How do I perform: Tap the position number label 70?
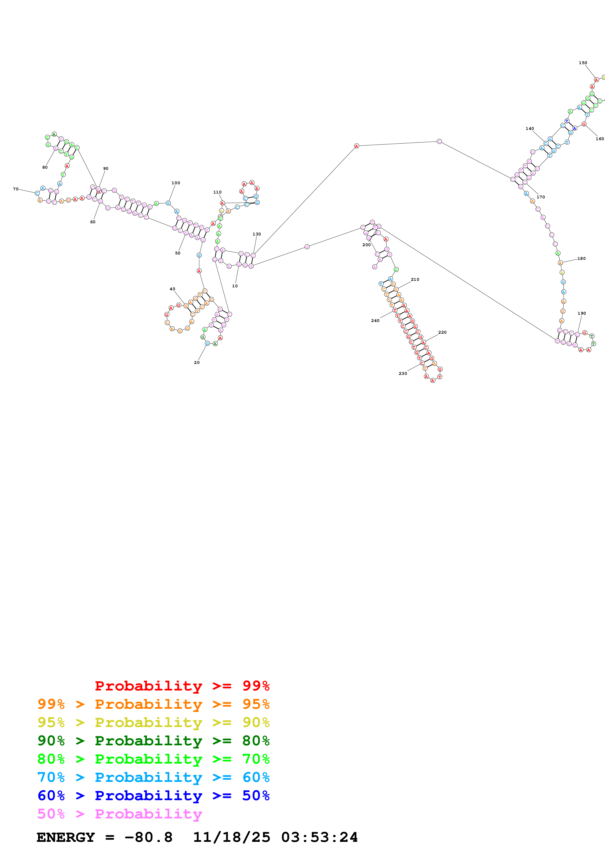pyautogui.click(x=16, y=189)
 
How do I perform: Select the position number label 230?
pyautogui.click(x=403, y=373)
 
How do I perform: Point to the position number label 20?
pyautogui.click(x=197, y=362)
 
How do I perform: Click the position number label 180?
pyautogui.click(x=582, y=258)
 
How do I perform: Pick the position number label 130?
pyautogui.click(x=256, y=234)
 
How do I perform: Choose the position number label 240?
pyautogui.click(x=375, y=321)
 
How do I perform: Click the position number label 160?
pyautogui.click(x=599, y=139)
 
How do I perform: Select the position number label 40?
pyautogui.click(x=172, y=289)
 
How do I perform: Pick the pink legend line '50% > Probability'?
pyautogui.click(x=120, y=814)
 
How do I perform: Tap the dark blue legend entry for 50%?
pyautogui.click(x=153, y=796)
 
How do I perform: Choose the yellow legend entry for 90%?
pyautogui.click(x=153, y=722)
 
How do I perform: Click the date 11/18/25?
pyautogui.click(x=231, y=837)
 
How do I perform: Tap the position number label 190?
pyautogui.click(x=582, y=313)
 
